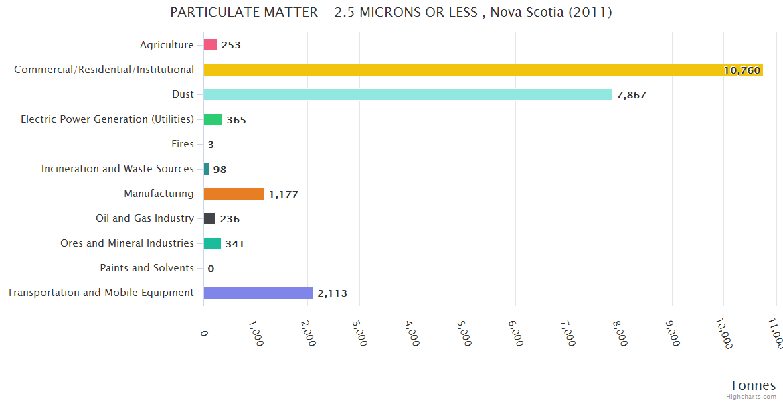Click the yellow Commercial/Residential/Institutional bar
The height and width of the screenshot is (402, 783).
482,70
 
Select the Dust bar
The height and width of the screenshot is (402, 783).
408,94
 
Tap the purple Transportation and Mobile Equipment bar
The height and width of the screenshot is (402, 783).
258,293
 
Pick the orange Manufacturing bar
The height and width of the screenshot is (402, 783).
234,194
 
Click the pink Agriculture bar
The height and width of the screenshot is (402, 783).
210,45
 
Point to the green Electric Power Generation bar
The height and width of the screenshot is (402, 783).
213,119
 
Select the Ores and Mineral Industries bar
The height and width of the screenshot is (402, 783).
212,243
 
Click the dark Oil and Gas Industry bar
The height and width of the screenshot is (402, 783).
209,218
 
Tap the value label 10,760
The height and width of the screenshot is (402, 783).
742,70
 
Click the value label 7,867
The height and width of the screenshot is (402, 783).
632,95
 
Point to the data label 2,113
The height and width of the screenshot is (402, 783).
333,293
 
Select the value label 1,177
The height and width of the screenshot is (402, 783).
284,194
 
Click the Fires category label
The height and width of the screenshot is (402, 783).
183,144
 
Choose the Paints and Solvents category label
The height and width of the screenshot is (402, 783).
147,268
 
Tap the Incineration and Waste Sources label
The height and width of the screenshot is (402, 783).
118,169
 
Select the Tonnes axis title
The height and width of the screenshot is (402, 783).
753,385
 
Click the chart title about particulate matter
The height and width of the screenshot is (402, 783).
391,13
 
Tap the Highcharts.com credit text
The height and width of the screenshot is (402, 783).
752,397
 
